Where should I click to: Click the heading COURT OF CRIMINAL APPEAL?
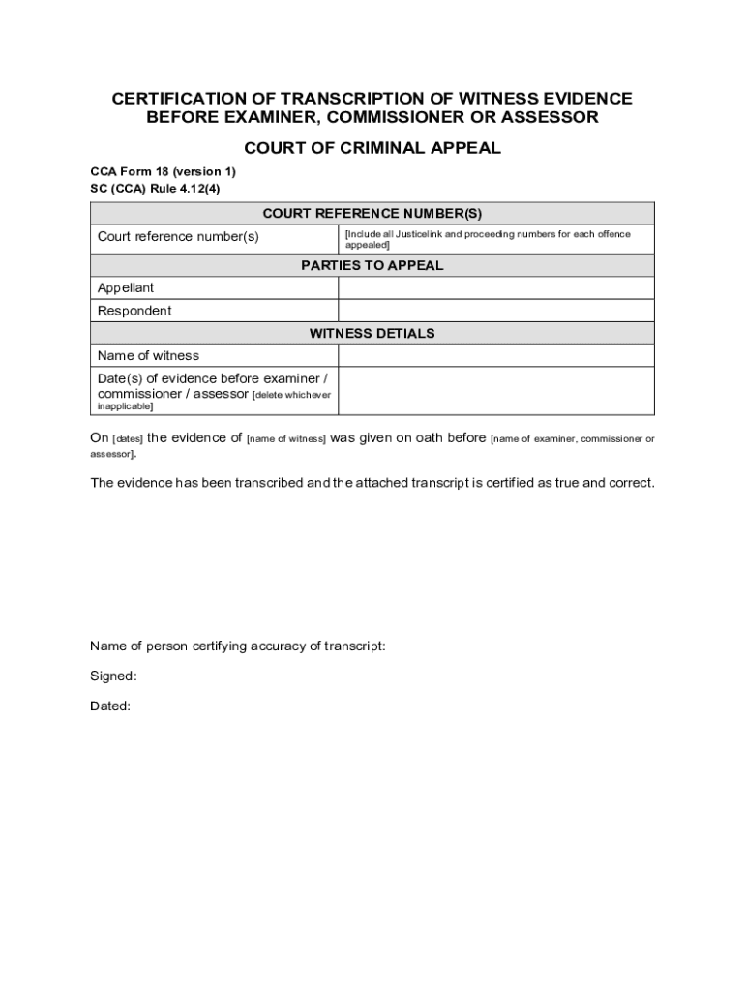click(x=372, y=148)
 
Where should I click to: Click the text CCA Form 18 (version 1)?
click(x=163, y=171)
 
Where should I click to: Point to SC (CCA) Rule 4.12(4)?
click(x=155, y=189)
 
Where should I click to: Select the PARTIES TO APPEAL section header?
click(x=372, y=265)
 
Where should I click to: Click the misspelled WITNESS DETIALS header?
click(x=372, y=333)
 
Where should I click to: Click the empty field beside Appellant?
click(x=495, y=288)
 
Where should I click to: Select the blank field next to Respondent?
click(x=495, y=311)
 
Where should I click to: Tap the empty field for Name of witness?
click(x=495, y=355)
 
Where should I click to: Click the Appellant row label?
click(x=126, y=288)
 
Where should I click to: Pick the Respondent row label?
click(x=134, y=311)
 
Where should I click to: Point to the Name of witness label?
click(x=148, y=355)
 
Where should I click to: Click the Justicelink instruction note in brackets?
click(x=487, y=239)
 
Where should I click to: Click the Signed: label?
click(x=113, y=676)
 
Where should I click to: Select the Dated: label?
click(x=110, y=706)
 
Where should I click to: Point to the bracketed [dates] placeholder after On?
click(x=128, y=439)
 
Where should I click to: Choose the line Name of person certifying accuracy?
click(x=238, y=646)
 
